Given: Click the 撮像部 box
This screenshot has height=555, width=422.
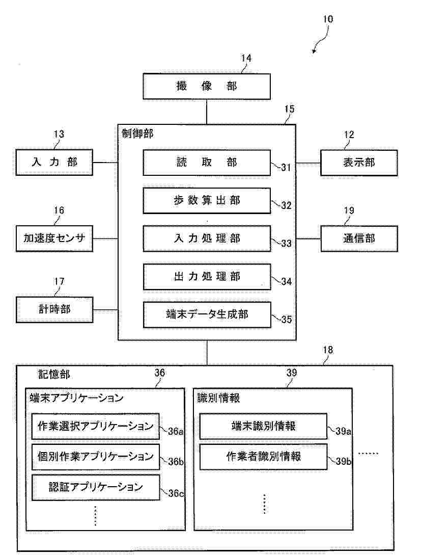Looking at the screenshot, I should [x=206, y=86].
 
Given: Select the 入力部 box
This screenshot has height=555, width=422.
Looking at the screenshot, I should [x=54, y=163].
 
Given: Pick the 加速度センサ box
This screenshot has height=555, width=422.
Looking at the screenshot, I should [x=54, y=239].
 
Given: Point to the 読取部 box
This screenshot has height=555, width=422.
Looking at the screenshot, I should [x=206, y=163].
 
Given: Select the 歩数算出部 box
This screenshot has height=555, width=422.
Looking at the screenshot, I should [x=206, y=201].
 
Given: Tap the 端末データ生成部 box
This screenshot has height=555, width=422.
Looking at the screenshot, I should [x=206, y=315].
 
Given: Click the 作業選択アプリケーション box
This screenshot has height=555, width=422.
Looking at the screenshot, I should [x=96, y=427].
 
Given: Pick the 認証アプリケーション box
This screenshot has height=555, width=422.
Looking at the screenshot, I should [x=96, y=487].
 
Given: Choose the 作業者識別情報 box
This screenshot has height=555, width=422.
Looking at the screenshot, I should [x=263, y=457].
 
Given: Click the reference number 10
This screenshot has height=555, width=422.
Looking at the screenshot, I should [x=328, y=19].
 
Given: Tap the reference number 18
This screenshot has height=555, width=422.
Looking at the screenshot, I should [x=328, y=350].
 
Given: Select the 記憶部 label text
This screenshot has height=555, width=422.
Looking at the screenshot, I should [x=54, y=375].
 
